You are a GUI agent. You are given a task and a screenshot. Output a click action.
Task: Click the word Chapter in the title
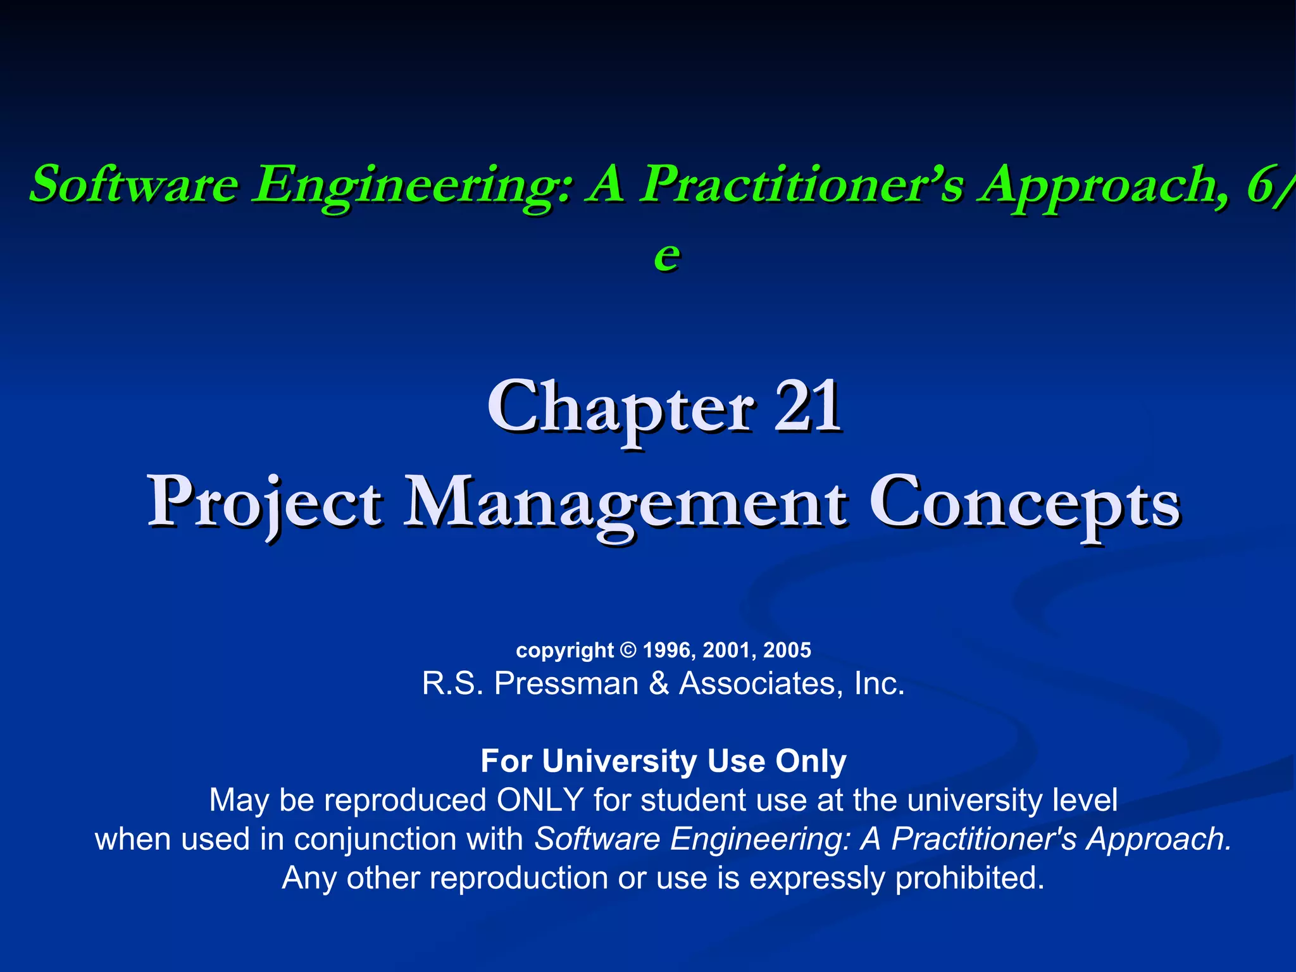click(620, 408)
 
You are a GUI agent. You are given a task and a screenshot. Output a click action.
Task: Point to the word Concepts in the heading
click(1025, 503)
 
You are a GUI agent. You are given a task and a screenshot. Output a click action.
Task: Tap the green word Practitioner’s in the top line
click(801, 185)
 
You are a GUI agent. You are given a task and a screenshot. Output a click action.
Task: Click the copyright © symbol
click(628, 650)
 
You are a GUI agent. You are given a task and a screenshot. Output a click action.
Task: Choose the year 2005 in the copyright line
click(787, 650)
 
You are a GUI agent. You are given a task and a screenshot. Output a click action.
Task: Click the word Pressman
click(566, 683)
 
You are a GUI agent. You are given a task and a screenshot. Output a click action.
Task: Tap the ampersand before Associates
click(659, 683)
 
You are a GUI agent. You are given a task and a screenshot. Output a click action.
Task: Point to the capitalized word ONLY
click(539, 800)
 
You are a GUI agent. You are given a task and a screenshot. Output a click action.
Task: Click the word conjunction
click(376, 839)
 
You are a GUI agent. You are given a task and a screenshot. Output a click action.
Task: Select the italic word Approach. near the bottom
click(1159, 839)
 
